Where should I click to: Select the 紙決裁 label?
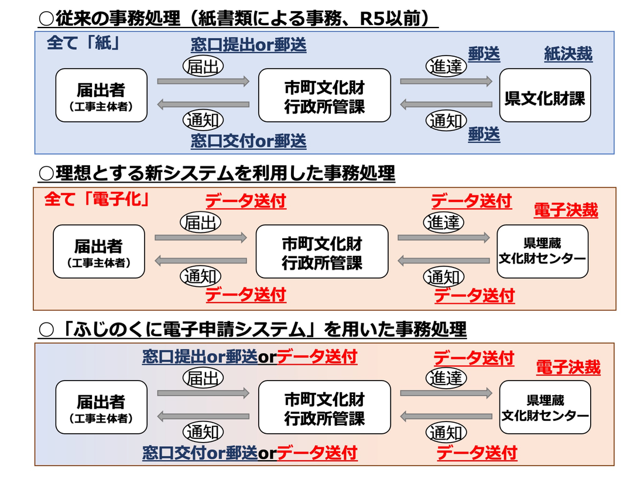pyautogui.click(x=568, y=55)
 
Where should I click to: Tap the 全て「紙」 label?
pyautogui.click(x=83, y=44)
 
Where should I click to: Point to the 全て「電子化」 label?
pyautogui.click(x=97, y=200)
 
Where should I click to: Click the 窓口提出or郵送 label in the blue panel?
pyautogui.click(x=248, y=45)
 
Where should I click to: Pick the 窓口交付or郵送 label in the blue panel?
pyautogui.click(x=248, y=141)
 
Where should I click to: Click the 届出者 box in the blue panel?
pyautogui.click(x=101, y=95)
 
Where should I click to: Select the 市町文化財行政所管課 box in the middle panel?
pyautogui.click(x=322, y=251)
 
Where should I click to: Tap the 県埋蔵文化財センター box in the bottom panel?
pyautogui.click(x=545, y=407)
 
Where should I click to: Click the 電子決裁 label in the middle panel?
pyautogui.click(x=566, y=211)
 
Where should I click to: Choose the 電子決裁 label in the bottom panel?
pyautogui.click(x=568, y=368)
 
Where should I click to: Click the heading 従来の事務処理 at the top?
pyautogui.click(x=238, y=19)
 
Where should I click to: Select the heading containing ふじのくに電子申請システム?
pyautogui.click(x=252, y=330)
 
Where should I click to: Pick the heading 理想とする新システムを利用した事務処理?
pyautogui.click(x=217, y=173)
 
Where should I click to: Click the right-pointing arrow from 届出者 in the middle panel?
pyautogui.click(x=201, y=238)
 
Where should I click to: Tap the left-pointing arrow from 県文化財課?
pyautogui.click(x=446, y=105)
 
